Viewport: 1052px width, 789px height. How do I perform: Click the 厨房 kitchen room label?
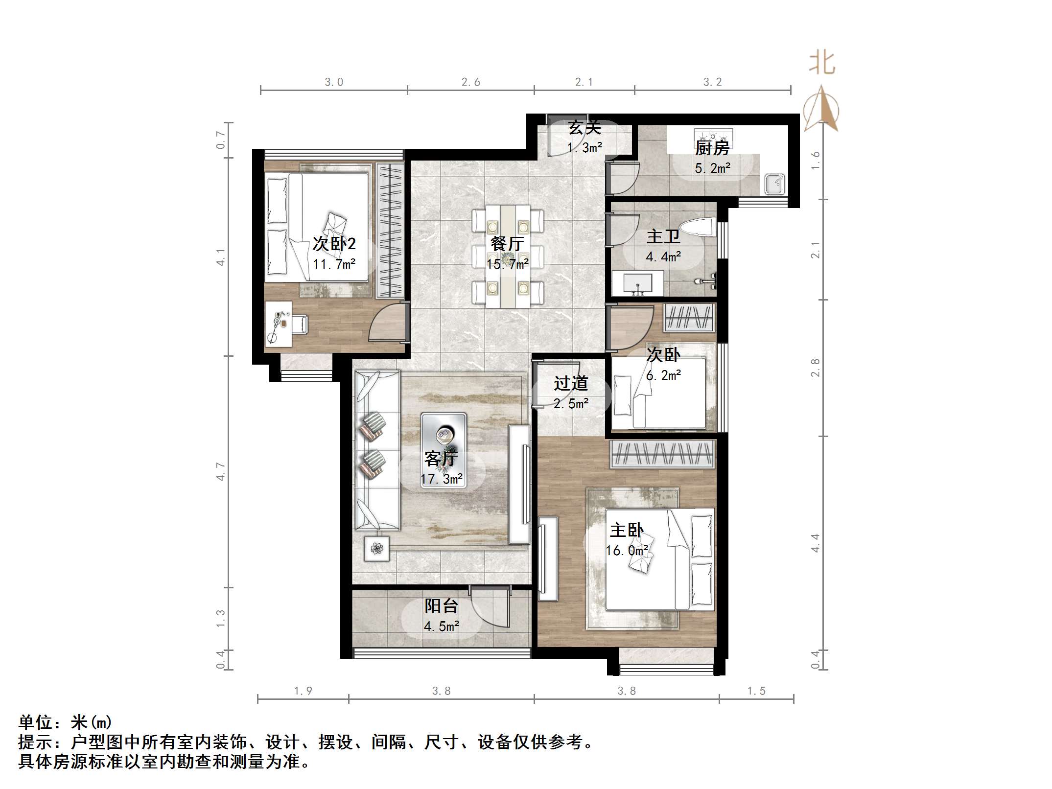pos(712,148)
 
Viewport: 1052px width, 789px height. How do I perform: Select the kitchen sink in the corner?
pos(774,185)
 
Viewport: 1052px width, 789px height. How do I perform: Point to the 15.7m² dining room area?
pos(507,264)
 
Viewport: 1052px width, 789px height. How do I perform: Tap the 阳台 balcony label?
pos(441,606)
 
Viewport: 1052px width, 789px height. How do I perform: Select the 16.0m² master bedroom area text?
pos(627,551)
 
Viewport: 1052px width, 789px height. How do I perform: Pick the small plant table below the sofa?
pos(376,549)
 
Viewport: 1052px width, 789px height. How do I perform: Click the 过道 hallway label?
pos(571,383)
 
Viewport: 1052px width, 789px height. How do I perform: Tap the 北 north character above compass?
pos(822,64)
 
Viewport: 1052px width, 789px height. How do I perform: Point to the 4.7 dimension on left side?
pos(221,471)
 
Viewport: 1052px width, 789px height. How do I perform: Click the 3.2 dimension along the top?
pos(712,82)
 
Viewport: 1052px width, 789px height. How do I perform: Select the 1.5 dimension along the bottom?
pos(756,691)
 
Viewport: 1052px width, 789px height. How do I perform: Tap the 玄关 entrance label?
pos(584,128)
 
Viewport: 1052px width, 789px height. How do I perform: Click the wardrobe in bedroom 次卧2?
pos(390,231)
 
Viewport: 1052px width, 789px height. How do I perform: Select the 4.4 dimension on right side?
pos(815,543)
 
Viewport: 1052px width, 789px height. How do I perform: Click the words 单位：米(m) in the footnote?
pos(65,722)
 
